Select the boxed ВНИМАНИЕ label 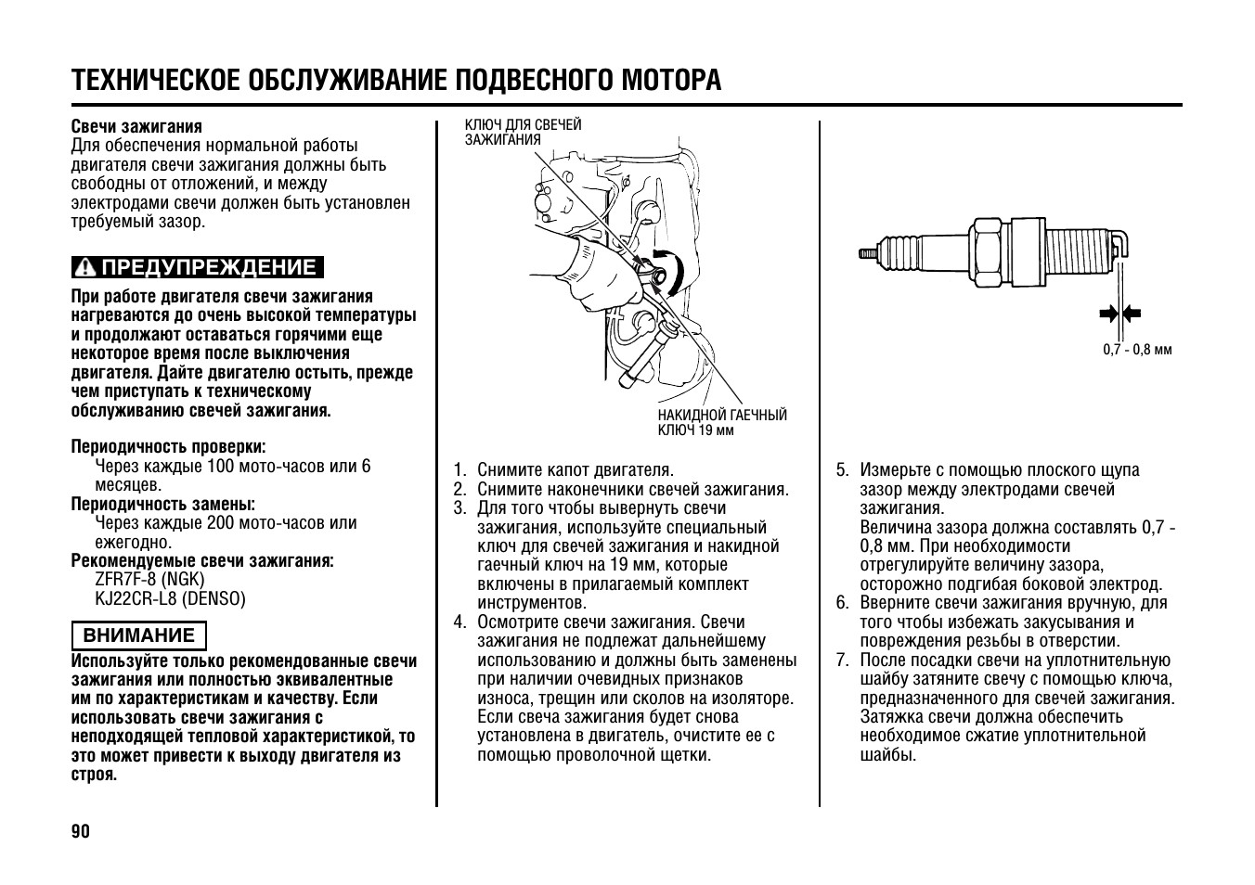coord(139,635)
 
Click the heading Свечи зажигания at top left coord(136,126)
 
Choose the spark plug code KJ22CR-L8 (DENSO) coord(170,598)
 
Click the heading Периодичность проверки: coord(168,446)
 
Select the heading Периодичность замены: coord(162,504)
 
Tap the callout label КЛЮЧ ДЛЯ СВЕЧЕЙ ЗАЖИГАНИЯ coord(523,132)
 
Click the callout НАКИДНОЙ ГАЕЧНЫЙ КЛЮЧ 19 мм coord(721,422)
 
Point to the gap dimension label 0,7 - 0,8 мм coord(1137,350)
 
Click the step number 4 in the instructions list coord(459,622)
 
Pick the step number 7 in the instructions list coord(842,660)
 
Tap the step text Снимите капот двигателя coord(575,469)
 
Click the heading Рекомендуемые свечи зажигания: coord(202,560)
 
